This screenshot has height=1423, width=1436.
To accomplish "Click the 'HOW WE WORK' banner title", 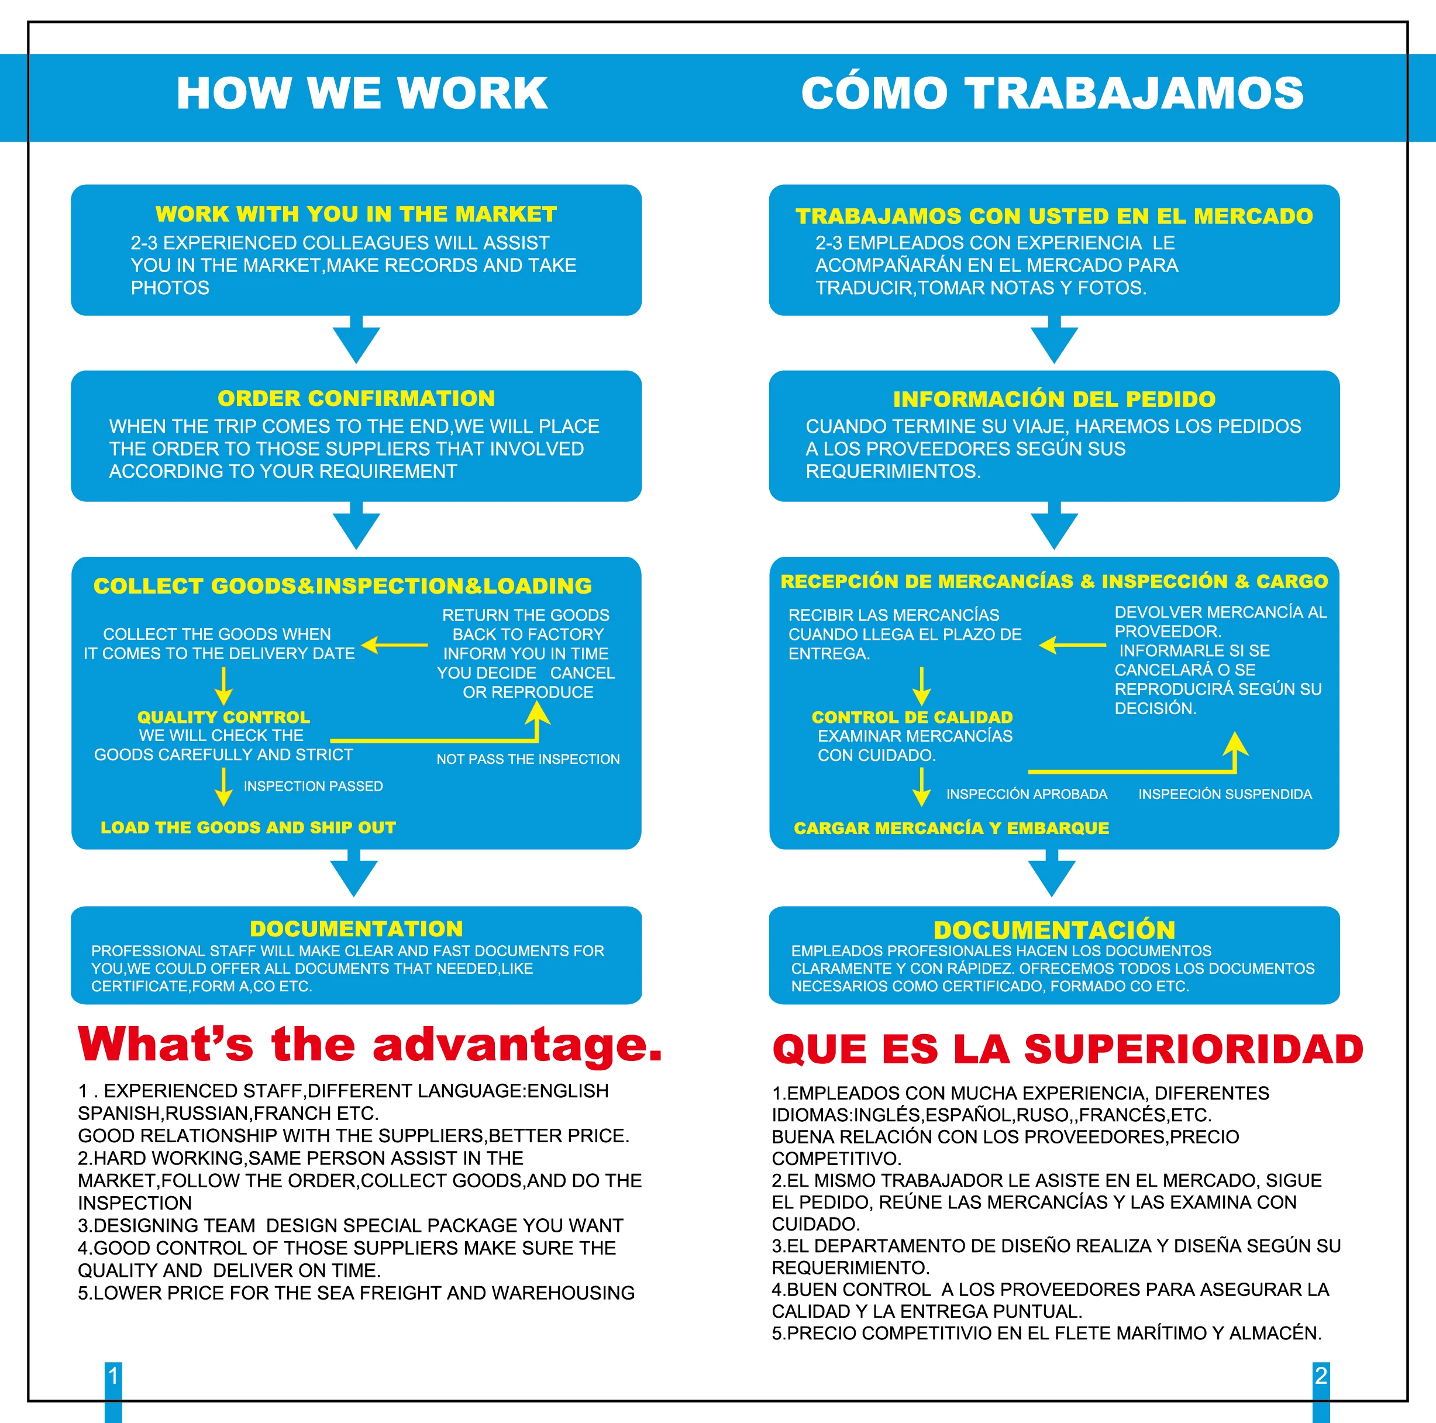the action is [x=362, y=94].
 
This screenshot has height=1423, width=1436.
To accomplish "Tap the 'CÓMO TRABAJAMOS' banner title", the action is [x=1052, y=94].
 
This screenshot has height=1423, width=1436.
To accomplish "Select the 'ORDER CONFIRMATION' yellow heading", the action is [x=356, y=398].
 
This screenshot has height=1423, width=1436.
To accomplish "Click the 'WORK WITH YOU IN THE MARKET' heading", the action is [x=356, y=214].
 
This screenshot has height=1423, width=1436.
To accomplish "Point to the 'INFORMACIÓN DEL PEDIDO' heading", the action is [x=1054, y=399].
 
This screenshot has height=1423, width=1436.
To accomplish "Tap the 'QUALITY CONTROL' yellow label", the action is [x=223, y=717].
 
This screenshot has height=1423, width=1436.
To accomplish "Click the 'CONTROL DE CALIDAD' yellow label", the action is [x=912, y=717].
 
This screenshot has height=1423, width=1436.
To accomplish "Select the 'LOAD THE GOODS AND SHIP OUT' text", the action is [x=248, y=827].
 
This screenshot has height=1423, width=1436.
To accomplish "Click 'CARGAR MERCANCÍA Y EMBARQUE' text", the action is [x=952, y=828].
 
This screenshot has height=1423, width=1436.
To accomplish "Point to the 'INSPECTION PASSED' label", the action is [x=313, y=786].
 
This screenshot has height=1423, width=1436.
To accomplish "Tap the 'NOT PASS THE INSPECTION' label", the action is [x=528, y=759].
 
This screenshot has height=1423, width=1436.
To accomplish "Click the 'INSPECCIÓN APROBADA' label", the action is [x=1027, y=794].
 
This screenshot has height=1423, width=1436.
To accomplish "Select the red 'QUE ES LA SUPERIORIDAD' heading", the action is [x=1068, y=1049].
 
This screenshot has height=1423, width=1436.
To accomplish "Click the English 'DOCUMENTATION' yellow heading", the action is [x=356, y=929].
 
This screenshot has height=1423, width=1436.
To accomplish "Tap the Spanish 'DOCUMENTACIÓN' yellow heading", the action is [x=1054, y=929].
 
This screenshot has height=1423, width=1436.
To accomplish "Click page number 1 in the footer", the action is [x=113, y=1376].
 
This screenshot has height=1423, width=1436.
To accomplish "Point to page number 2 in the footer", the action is [x=1321, y=1376].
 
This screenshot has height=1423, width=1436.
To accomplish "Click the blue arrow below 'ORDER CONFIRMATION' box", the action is [x=356, y=526].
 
